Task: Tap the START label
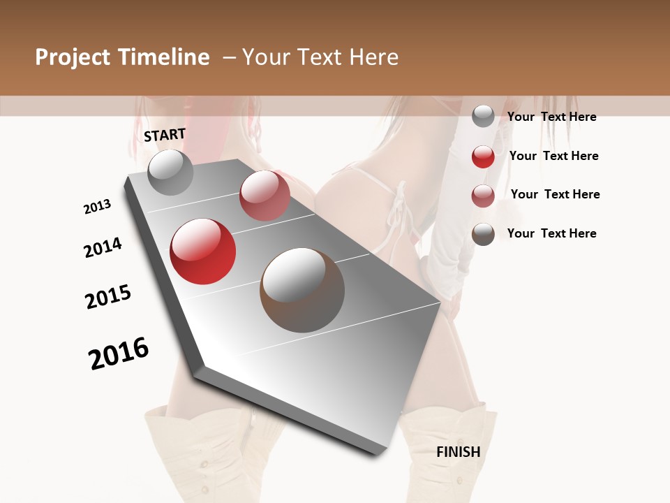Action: tap(165, 135)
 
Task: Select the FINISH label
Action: tap(458, 452)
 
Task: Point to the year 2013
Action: tap(97, 207)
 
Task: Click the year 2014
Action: tap(103, 247)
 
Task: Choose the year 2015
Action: tap(108, 297)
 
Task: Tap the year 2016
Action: tap(119, 353)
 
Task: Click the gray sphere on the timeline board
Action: tap(170, 172)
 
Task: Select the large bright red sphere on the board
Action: tap(203, 251)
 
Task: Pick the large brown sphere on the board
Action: tap(302, 290)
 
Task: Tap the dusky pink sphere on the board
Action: tap(265, 196)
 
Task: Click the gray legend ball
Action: tap(483, 117)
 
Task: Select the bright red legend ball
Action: tap(483, 156)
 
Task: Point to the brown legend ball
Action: tap(483, 234)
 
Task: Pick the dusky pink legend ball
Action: tap(483, 196)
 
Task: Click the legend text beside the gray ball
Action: tap(551, 117)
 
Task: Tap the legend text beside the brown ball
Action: tap(551, 233)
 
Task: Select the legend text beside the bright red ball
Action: tap(553, 156)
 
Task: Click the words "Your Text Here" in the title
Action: tap(320, 57)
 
